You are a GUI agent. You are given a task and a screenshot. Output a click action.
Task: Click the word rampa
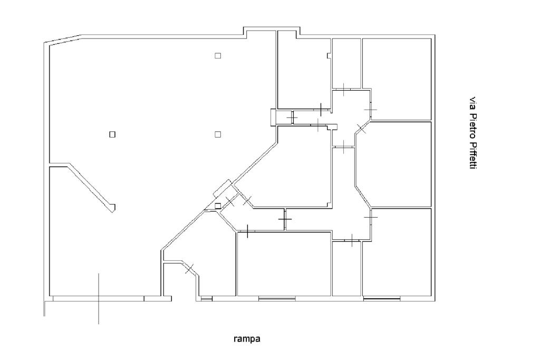[x=247, y=339]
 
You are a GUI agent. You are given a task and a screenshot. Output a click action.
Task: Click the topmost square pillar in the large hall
[x=218, y=55]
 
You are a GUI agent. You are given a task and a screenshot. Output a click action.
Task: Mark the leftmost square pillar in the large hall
[x=112, y=134]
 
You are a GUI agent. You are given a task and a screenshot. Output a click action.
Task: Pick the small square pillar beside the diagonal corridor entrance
[x=218, y=206]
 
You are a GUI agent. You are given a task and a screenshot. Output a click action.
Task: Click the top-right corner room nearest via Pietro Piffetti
[x=397, y=79]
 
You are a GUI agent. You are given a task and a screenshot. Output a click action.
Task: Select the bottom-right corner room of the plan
[x=397, y=252]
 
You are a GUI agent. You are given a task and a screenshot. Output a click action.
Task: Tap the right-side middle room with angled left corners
[x=393, y=164]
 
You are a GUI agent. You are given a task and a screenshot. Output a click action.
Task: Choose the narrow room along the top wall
[x=346, y=63]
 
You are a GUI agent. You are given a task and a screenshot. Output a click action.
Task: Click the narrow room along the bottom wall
[x=346, y=268]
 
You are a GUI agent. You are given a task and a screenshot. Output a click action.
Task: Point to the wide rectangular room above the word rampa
[x=284, y=264]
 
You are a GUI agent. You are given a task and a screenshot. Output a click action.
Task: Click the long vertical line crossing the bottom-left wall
[x=99, y=299]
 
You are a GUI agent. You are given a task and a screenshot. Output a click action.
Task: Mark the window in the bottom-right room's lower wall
[x=382, y=298]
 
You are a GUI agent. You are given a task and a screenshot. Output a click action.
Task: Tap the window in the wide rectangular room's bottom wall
[x=277, y=298]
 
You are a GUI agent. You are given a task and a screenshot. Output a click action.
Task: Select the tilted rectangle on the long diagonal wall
[x=224, y=189]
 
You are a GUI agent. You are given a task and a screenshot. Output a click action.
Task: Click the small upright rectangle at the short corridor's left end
[x=273, y=117]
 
